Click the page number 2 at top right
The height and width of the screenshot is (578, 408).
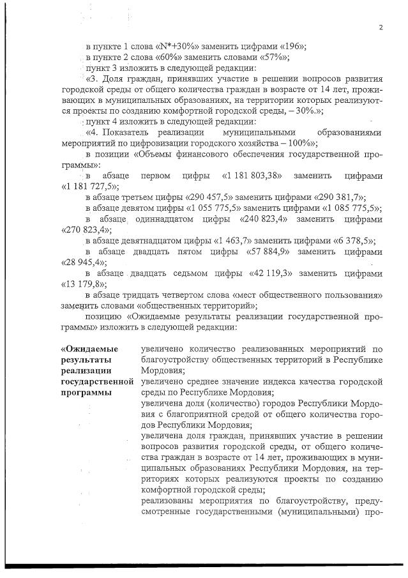380,27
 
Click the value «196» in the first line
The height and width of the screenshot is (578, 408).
292,47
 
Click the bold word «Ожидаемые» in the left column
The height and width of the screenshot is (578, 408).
86,349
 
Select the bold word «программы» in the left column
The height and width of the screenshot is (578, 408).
86,392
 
